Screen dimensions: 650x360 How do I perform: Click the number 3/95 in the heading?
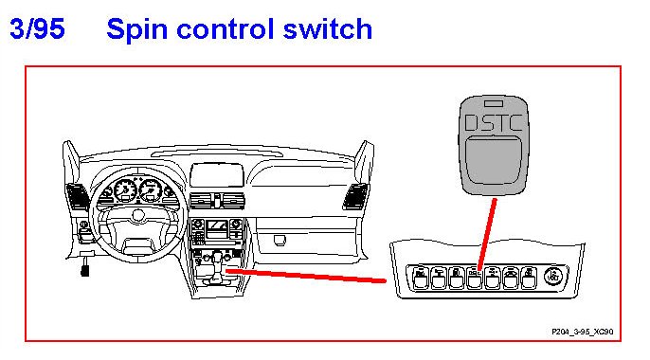37,28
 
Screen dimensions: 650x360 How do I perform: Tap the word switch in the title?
328,29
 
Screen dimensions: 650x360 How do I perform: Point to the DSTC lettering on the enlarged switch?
493,122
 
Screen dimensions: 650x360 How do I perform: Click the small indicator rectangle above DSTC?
494,103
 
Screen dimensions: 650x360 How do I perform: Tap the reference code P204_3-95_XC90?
583,332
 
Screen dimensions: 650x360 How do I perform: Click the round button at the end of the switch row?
553,277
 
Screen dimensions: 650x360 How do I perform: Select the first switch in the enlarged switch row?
421,278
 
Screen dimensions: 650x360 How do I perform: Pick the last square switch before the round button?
529,278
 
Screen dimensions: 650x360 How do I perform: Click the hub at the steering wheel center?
138,215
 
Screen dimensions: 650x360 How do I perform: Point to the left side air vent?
78,197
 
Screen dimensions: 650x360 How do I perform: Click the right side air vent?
355,196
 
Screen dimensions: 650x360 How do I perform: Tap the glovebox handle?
280,240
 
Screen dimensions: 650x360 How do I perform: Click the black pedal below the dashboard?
84,270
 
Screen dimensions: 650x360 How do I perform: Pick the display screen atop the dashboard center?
216,175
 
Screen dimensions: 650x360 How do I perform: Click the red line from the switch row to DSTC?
487,235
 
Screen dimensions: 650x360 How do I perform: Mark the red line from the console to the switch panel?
306,276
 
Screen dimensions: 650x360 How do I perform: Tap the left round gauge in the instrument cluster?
125,190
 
